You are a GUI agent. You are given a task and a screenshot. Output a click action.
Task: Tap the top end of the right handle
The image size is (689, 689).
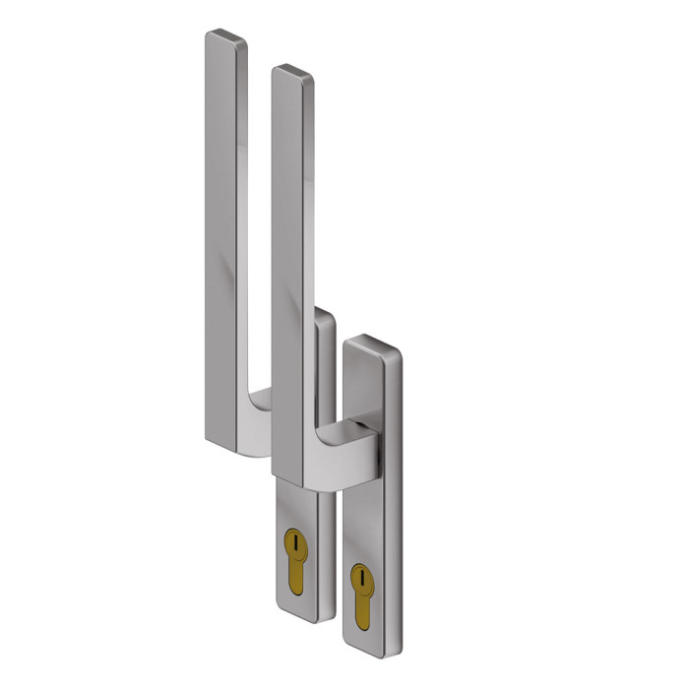[292, 72]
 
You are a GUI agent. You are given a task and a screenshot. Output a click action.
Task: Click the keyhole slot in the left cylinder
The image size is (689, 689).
[293, 539]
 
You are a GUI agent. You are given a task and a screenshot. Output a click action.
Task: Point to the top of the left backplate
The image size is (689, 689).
[324, 315]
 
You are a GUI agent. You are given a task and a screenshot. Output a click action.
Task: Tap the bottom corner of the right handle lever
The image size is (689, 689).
[286, 470]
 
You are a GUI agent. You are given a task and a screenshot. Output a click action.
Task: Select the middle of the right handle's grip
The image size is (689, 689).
[292, 266]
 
